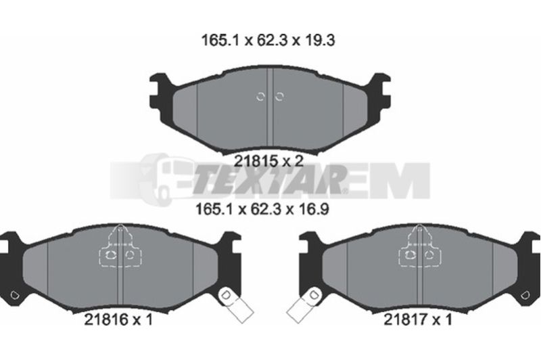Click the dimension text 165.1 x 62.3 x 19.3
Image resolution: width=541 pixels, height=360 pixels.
click(268, 41)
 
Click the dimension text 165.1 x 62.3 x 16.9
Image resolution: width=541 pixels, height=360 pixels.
click(262, 209)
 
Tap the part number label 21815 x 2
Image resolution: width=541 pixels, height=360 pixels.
click(268, 161)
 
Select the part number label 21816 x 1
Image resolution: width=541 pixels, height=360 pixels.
click(118, 319)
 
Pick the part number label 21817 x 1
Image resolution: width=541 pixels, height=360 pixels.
click(417, 319)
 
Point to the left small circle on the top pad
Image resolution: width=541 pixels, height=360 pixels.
click(260, 97)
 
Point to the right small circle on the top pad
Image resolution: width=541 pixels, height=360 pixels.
click(279, 97)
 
